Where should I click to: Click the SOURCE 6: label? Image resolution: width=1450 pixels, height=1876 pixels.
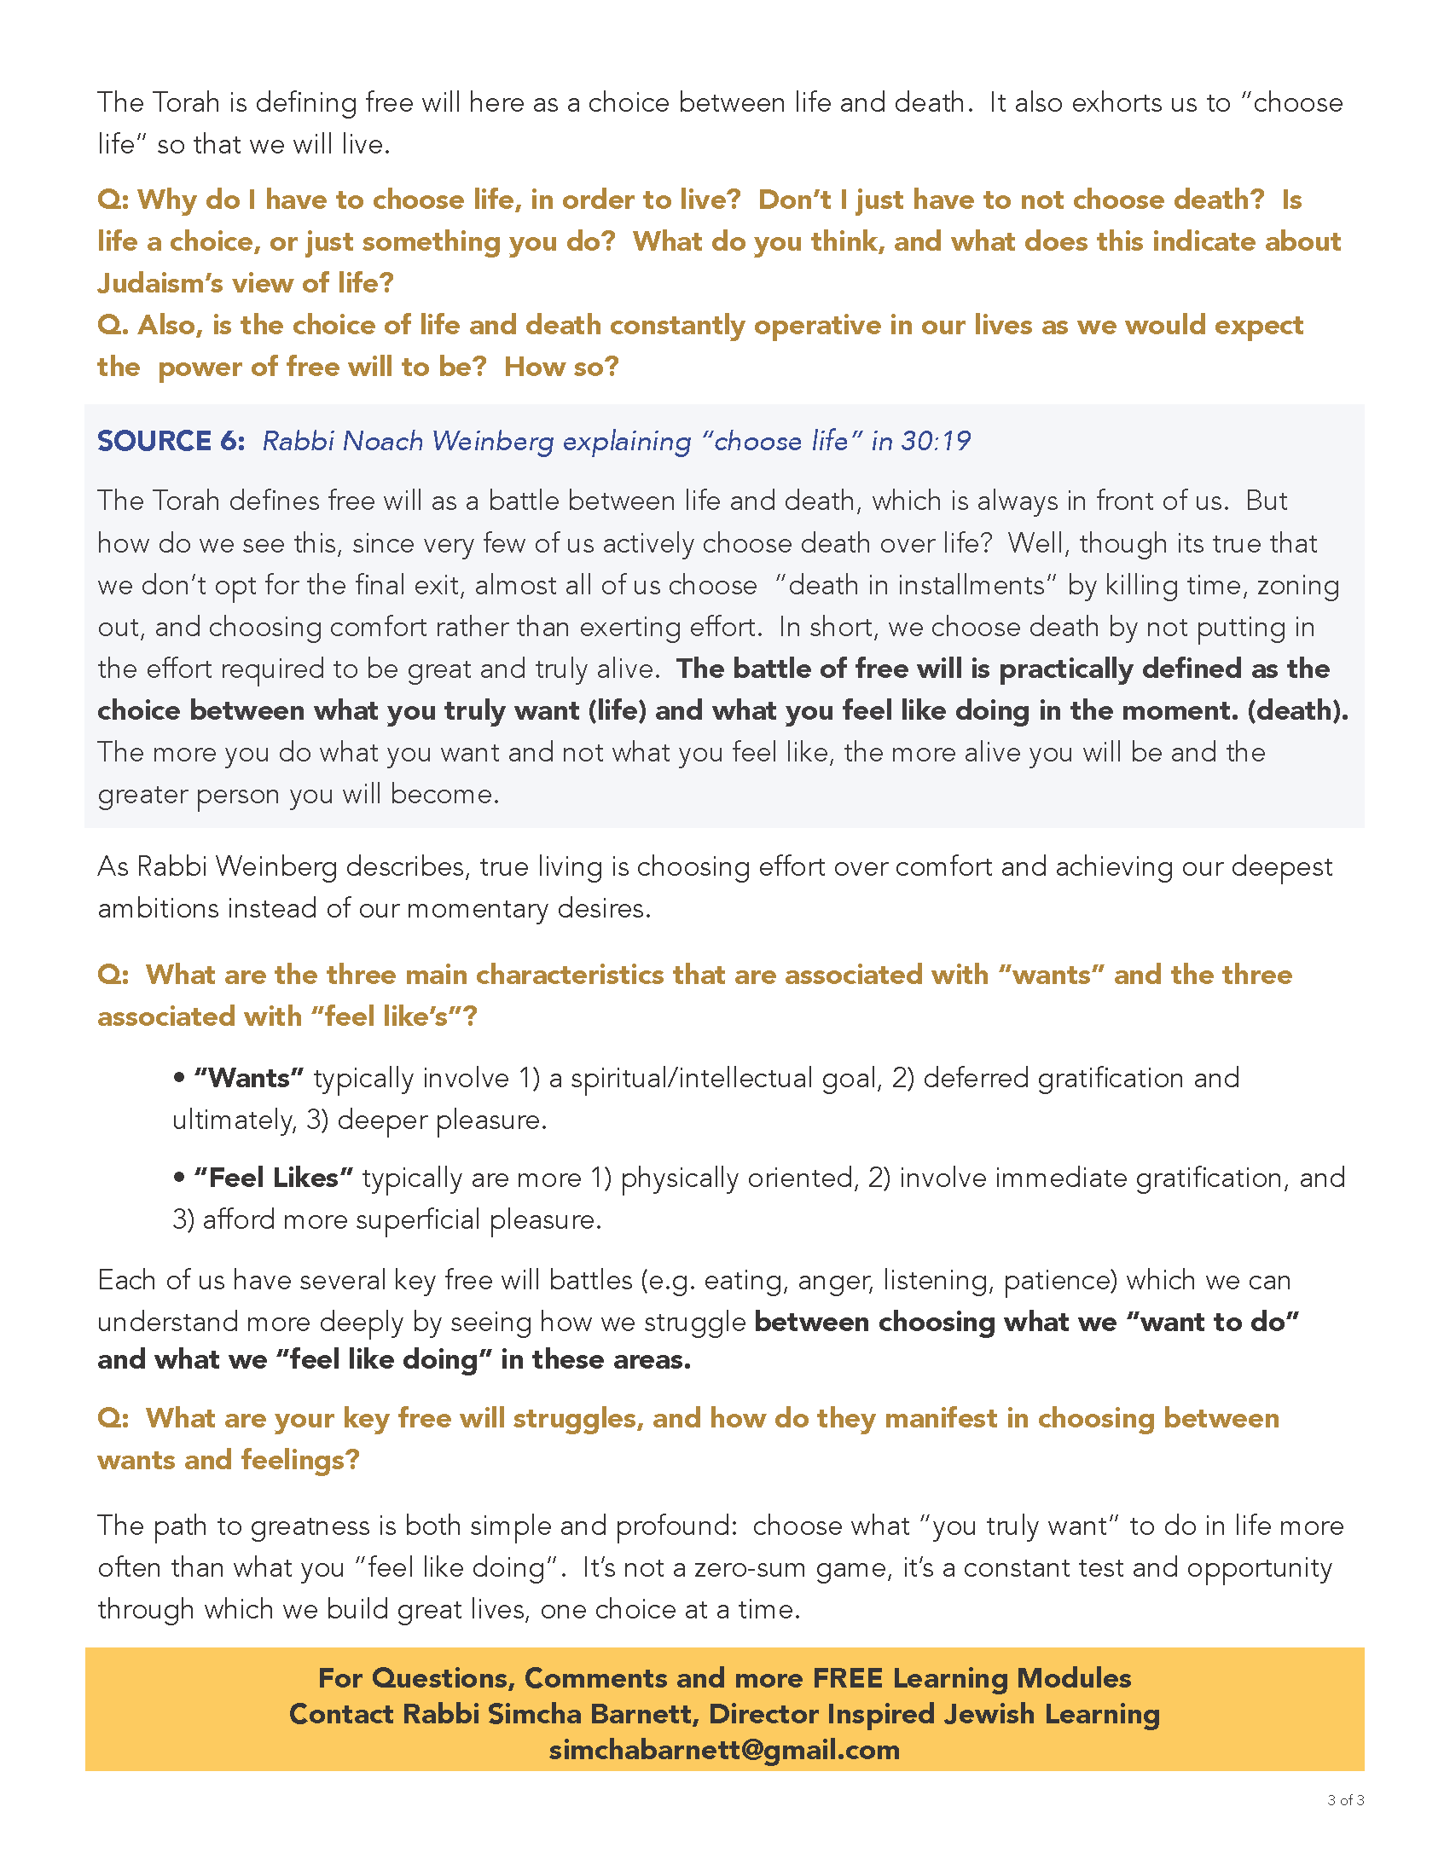(170, 441)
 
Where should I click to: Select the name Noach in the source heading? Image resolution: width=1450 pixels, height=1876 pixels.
(382, 441)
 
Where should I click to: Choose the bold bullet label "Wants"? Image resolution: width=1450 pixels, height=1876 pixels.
(248, 1078)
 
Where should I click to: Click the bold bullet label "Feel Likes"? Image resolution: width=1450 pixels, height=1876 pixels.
(273, 1178)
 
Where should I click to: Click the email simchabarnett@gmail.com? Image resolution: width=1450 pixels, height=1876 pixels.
(724, 1750)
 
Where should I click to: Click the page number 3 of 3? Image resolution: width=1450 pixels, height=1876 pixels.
(1345, 1799)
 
